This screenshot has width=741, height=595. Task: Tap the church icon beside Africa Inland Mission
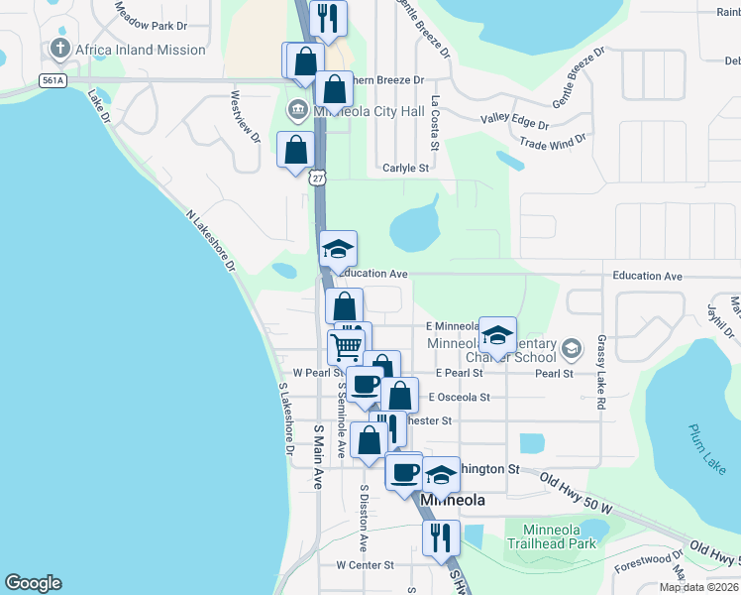59,49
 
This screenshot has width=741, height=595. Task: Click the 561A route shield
53,80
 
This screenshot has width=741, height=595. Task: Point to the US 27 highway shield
316,177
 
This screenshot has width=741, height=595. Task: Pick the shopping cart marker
346,347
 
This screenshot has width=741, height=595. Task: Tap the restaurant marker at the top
328,17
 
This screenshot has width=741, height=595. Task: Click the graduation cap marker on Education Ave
338,248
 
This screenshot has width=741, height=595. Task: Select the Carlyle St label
405,169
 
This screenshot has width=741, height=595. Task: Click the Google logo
33,583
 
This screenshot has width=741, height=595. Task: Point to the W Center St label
365,565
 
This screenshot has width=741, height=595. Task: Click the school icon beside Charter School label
570,348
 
